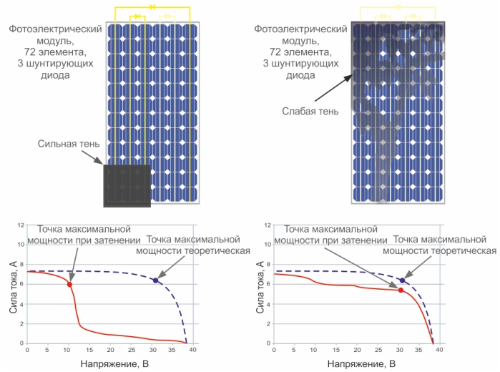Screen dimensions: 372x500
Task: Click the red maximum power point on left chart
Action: coord(69,284)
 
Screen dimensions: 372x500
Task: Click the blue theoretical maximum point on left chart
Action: coord(155,280)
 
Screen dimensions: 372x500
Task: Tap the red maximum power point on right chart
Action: coord(401,290)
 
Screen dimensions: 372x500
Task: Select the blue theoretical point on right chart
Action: coord(402,280)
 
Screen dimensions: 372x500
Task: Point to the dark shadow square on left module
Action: coord(127,186)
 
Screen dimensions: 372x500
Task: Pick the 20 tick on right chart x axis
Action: coord(356,351)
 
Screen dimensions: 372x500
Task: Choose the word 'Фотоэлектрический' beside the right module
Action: coord(301,29)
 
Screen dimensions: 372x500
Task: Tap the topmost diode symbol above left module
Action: coord(152,7)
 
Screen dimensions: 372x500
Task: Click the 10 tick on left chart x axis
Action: coord(67,351)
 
